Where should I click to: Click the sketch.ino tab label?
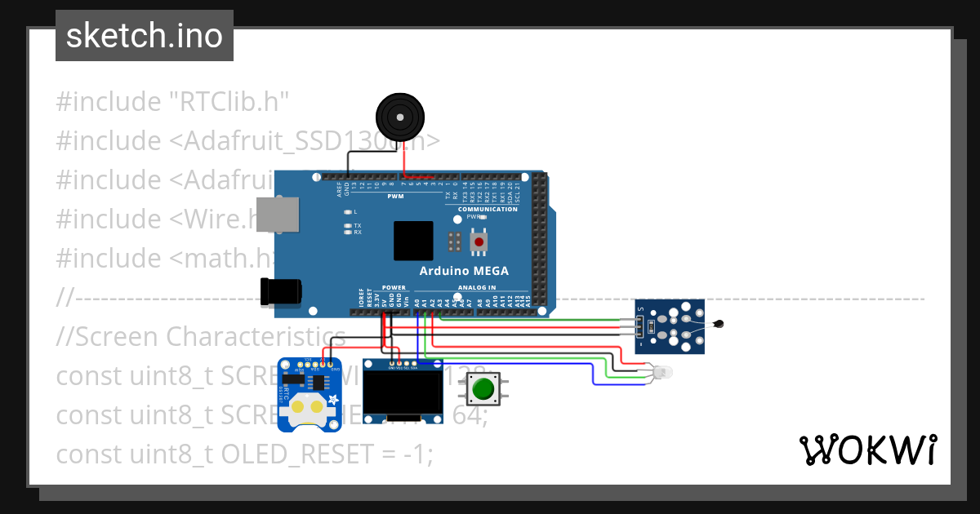point(144,36)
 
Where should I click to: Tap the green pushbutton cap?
point(484,388)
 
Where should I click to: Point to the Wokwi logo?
point(867,450)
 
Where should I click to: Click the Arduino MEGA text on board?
point(463,271)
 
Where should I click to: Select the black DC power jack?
point(280,291)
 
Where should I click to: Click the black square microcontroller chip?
point(413,241)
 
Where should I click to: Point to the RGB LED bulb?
point(664,372)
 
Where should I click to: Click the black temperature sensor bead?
point(718,325)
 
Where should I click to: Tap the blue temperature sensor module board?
point(670,326)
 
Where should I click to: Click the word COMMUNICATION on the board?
point(488,210)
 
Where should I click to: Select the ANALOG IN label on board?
point(476,287)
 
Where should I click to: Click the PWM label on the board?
point(395,197)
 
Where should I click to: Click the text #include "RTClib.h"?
point(173,102)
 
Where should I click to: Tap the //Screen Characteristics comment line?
point(201,336)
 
